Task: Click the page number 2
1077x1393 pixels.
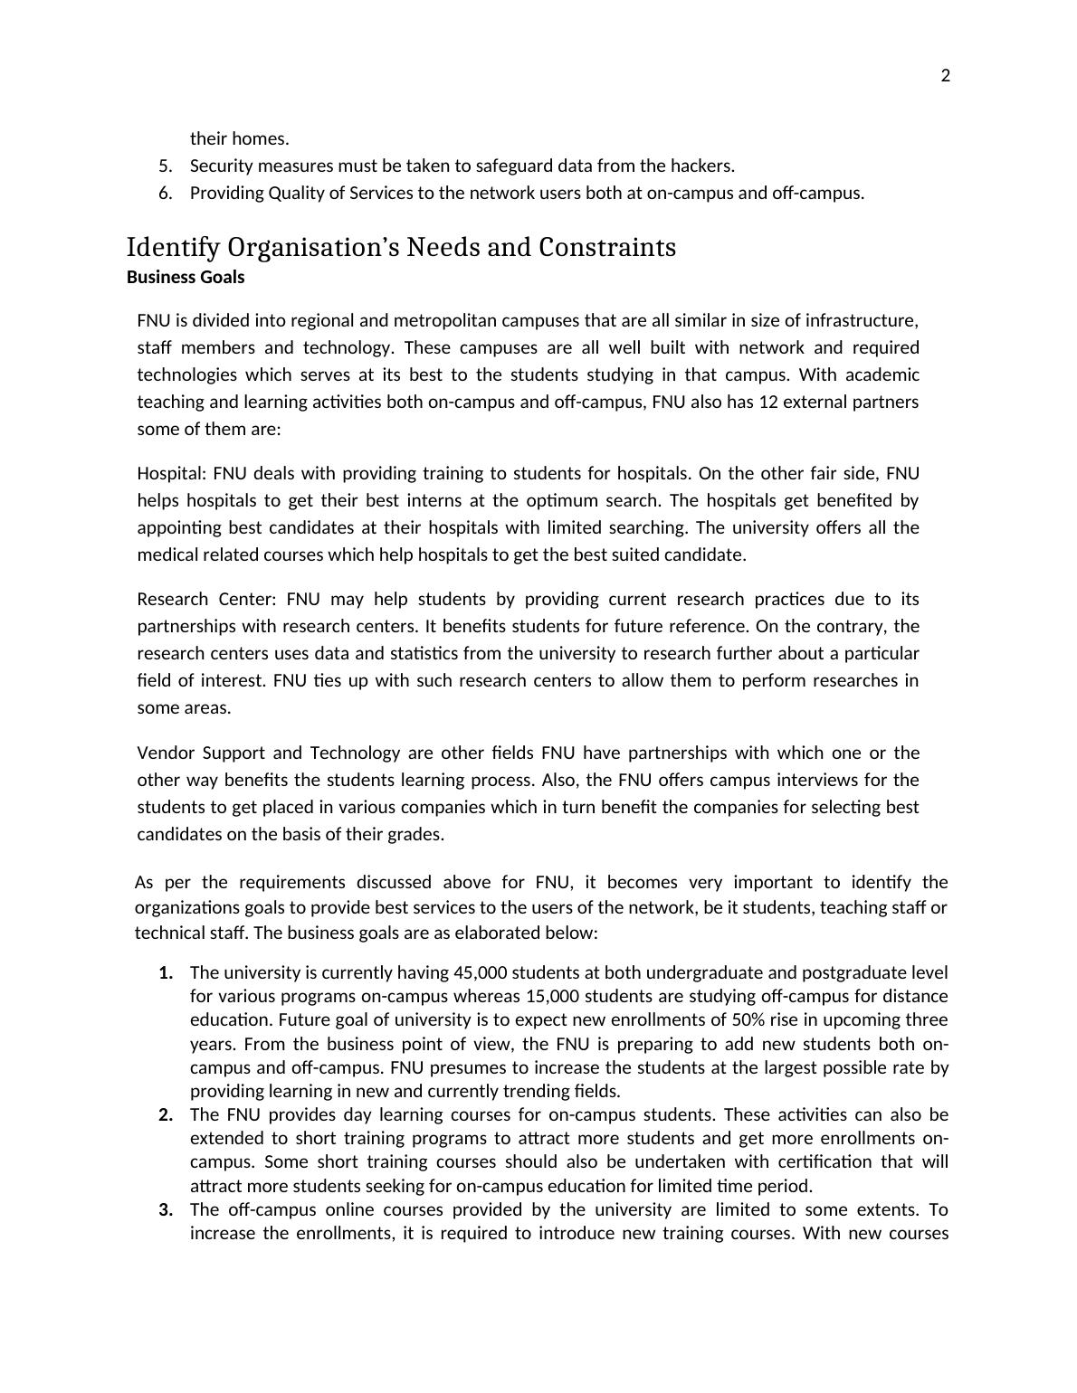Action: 946,76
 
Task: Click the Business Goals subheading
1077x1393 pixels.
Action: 186,277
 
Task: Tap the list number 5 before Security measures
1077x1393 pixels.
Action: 165,166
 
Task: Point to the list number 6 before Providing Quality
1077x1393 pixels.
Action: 165,193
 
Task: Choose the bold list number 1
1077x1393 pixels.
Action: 165,972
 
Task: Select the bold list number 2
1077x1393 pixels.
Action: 165,1114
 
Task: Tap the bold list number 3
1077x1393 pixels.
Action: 165,1209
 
